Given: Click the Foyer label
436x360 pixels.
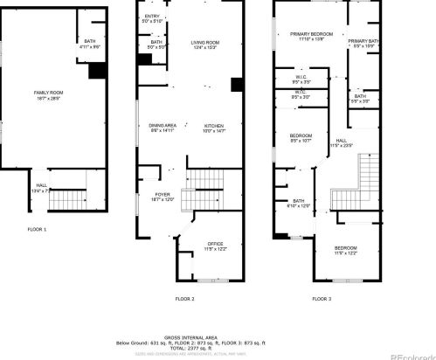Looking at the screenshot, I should coord(163,196).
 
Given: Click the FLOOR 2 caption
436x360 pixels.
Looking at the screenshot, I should coord(184,298).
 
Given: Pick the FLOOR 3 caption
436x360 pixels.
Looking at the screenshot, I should coord(322,298).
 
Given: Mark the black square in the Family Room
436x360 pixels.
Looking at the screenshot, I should coord(98,72).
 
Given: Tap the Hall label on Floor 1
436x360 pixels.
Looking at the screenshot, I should coord(40,187).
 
